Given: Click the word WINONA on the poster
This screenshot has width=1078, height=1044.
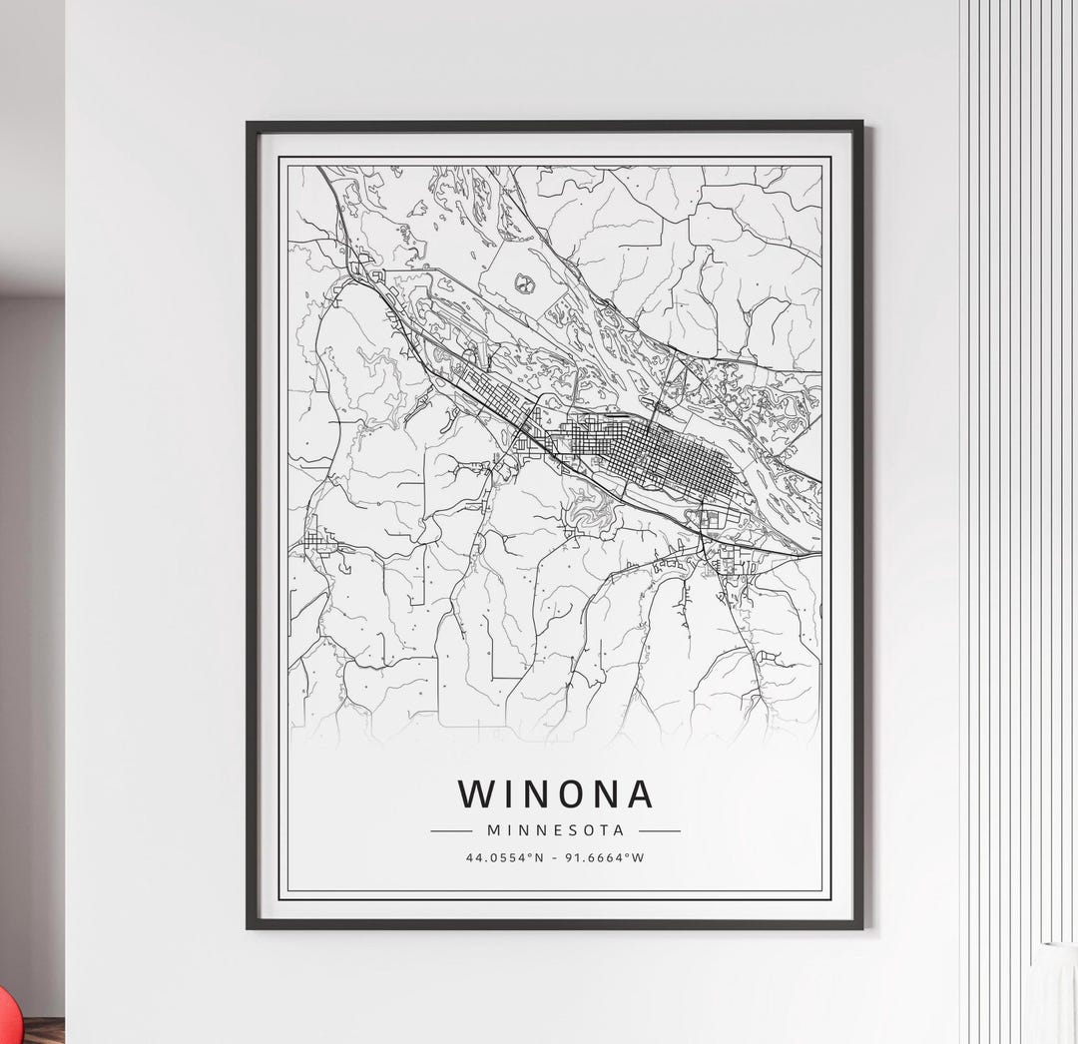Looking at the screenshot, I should tap(555, 793).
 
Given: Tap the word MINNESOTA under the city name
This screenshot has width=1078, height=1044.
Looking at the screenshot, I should tap(555, 830).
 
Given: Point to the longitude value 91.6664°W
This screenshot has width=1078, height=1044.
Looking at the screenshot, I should tap(604, 856).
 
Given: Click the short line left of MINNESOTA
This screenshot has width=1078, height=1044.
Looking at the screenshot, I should tap(451, 830).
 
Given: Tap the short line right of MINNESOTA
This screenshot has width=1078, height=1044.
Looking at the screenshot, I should tap(659, 830).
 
